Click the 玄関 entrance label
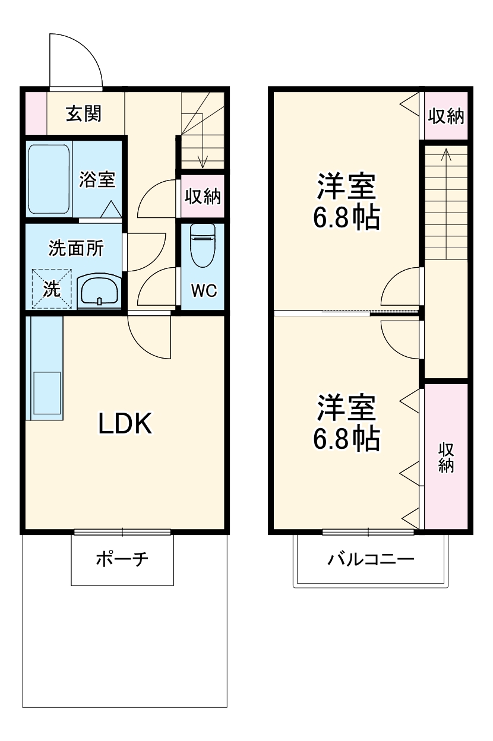click(x=83, y=113)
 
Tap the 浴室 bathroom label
click(x=97, y=179)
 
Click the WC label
click(x=203, y=291)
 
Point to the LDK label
click(x=126, y=423)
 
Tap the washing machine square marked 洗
click(x=52, y=289)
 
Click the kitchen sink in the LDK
click(x=47, y=392)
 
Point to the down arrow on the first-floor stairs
click(x=203, y=157)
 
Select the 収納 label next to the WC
click(x=202, y=196)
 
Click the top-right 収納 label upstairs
click(x=446, y=116)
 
